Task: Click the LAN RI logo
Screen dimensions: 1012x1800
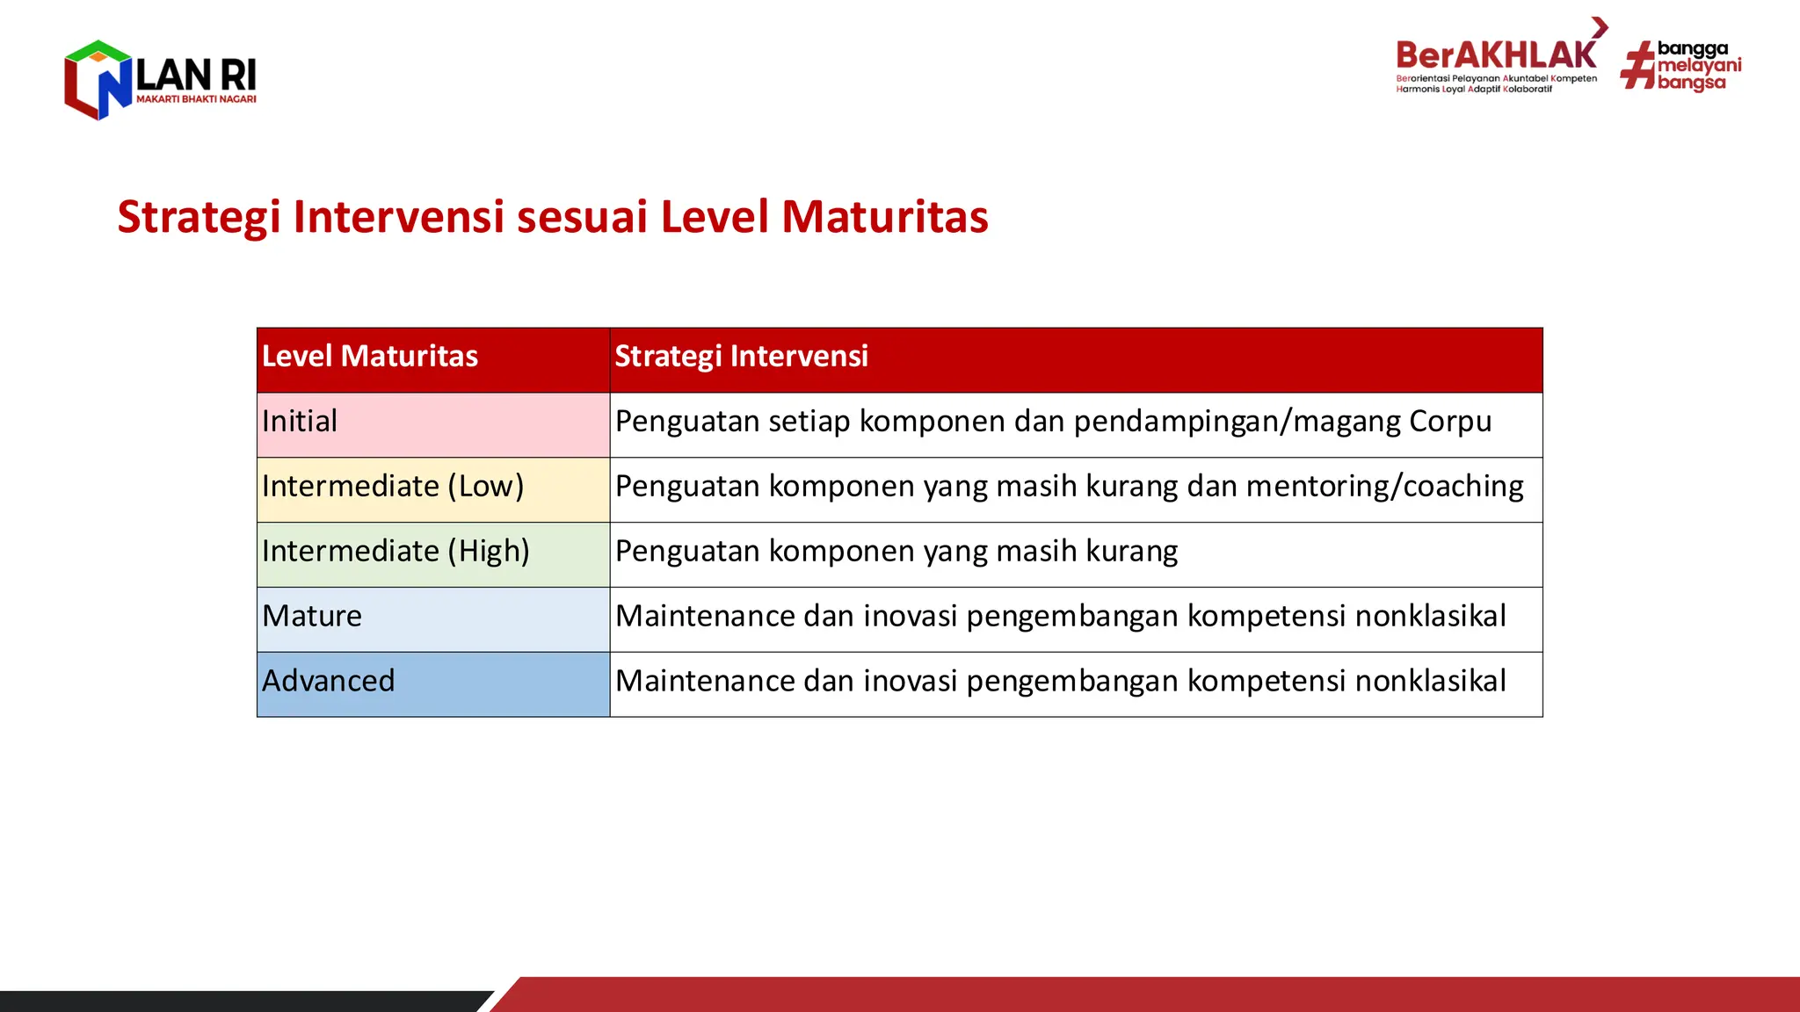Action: tap(160, 79)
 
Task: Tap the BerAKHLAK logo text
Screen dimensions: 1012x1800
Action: tap(1496, 55)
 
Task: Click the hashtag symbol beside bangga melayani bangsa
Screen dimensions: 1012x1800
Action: tap(1637, 67)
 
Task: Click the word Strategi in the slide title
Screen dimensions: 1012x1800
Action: tap(199, 217)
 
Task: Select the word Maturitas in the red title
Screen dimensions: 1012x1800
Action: tap(884, 217)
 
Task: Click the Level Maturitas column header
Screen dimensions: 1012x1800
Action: tap(370, 357)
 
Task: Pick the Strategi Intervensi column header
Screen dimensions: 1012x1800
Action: tap(741, 357)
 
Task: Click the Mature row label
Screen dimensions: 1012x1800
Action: tap(312, 616)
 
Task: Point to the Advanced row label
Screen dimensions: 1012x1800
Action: tap(329, 681)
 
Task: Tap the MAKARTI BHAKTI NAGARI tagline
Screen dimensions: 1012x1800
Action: tap(196, 99)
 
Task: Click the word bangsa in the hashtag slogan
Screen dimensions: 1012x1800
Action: tap(1691, 83)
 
